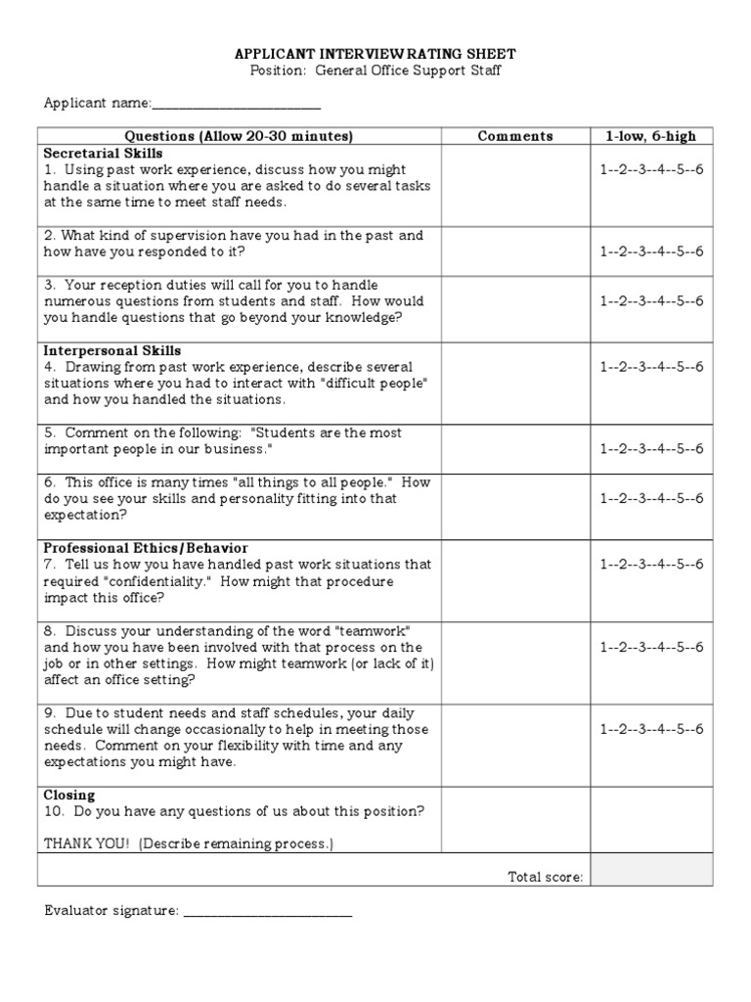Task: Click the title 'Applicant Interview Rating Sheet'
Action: click(x=375, y=54)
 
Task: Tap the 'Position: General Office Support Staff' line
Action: click(x=375, y=71)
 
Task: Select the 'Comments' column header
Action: click(x=514, y=136)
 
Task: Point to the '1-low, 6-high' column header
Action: click(x=651, y=136)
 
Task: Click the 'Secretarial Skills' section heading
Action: click(x=103, y=154)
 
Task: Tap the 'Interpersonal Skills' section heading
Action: click(x=112, y=350)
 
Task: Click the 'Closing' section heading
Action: click(x=69, y=796)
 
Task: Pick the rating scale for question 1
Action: click(x=651, y=169)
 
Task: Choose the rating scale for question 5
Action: click(x=651, y=449)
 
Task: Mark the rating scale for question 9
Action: click(x=651, y=729)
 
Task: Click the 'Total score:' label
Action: click(x=545, y=876)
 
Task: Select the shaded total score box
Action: click(x=651, y=870)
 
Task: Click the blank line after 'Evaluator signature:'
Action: click(x=268, y=912)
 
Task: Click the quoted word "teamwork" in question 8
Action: click(x=391, y=630)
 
